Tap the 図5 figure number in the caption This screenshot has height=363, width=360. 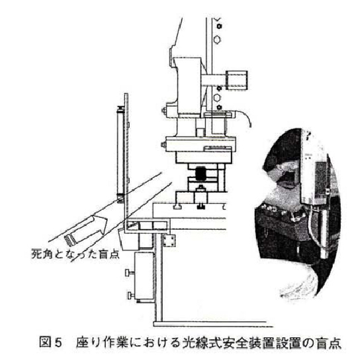(51, 342)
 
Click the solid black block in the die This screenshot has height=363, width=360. (201, 174)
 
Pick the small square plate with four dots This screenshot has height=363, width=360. (169, 240)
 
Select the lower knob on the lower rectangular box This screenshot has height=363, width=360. (131, 295)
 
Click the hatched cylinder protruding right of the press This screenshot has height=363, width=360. (237, 80)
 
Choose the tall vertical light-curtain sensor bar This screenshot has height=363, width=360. (120, 154)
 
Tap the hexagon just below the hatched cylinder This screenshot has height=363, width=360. (216, 97)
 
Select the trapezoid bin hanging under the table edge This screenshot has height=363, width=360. (128, 239)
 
